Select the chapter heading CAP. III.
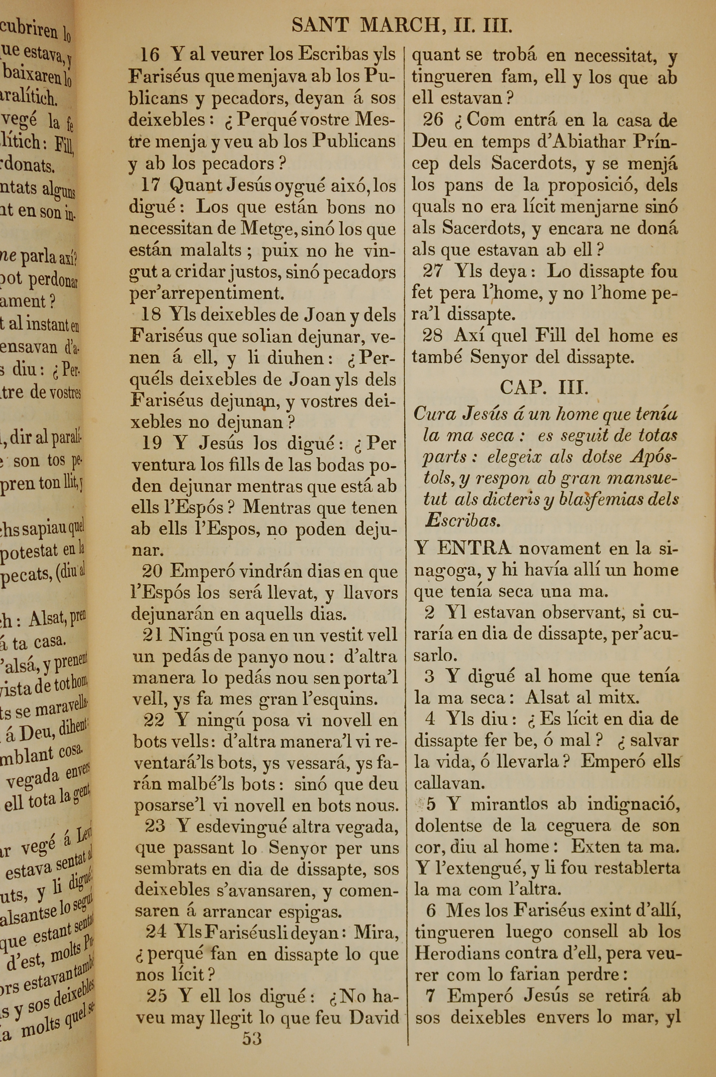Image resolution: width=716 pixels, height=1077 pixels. [544, 388]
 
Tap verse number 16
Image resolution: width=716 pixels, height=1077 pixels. [150, 55]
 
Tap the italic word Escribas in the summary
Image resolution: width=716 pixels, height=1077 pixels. [462, 521]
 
